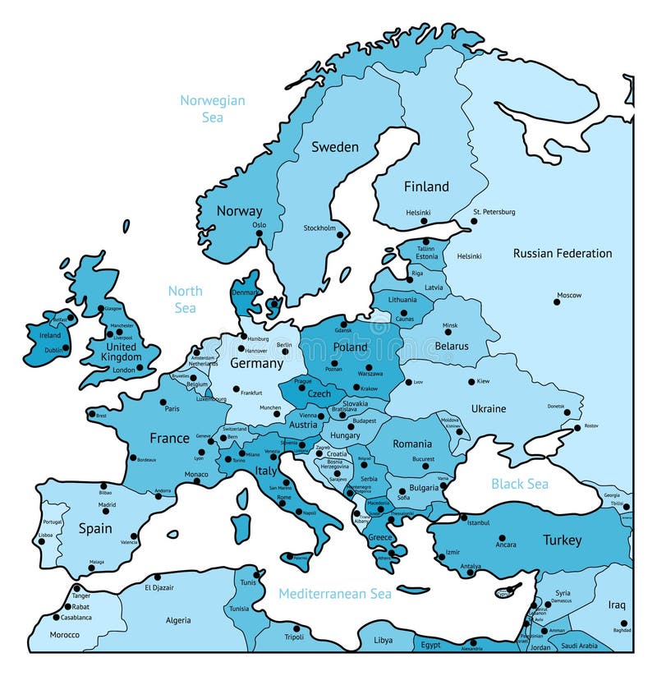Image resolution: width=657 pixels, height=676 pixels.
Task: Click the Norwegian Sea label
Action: (x=213, y=108)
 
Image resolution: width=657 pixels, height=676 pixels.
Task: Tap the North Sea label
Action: (x=185, y=299)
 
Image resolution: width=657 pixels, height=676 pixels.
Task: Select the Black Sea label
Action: (x=519, y=483)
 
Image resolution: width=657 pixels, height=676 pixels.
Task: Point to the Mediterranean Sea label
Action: (x=334, y=593)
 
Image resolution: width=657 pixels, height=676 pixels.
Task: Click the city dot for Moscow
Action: (x=557, y=302)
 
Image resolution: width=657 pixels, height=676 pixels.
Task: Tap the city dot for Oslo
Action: (x=259, y=233)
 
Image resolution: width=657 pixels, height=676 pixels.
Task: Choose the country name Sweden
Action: (x=335, y=147)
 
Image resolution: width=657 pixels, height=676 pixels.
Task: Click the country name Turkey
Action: (x=562, y=540)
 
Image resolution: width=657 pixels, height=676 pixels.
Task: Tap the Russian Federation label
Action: (x=563, y=253)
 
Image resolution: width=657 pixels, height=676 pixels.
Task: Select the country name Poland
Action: (x=351, y=347)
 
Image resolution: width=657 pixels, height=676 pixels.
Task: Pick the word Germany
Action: (x=256, y=362)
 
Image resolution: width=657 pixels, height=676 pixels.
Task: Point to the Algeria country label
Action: (x=178, y=621)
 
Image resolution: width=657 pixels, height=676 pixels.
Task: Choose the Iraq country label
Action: (x=617, y=605)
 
